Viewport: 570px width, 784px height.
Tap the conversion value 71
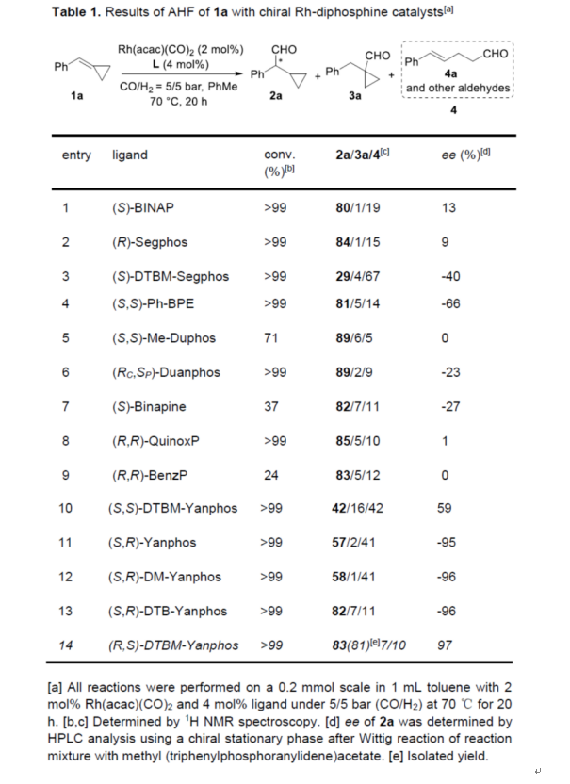(x=273, y=338)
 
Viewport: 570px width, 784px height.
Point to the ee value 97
(x=448, y=645)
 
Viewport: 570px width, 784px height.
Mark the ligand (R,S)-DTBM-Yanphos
(x=174, y=645)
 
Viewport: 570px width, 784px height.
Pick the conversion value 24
(x=273, y=476)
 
